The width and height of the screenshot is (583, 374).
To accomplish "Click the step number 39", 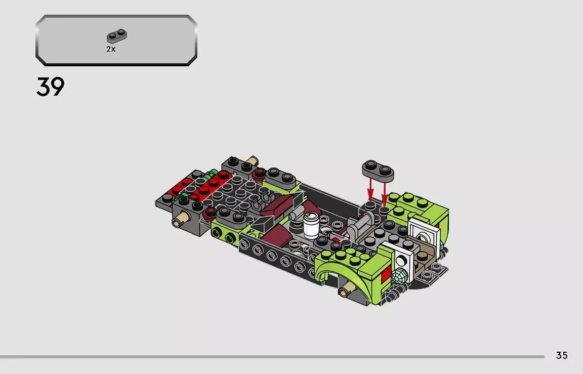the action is point(51,87).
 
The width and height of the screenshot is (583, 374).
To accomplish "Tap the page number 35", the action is point(562,355).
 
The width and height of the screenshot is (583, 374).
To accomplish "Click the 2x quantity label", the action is point(111,49).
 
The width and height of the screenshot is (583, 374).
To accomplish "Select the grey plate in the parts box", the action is point(117,36).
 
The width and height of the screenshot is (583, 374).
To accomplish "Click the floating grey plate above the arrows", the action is point(378,171).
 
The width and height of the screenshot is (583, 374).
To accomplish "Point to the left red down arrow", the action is point(370,190).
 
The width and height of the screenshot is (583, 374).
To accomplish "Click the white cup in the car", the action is point(311,225).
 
